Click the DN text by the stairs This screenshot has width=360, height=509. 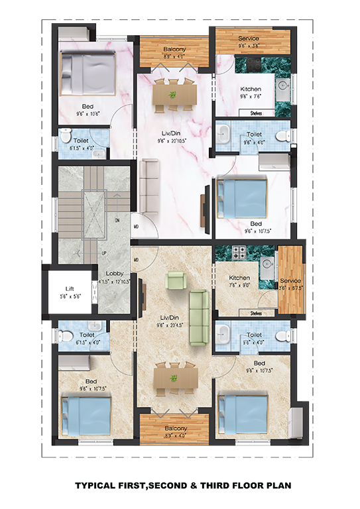point(117,219)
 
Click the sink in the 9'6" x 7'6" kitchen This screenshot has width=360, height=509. point(281,86)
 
